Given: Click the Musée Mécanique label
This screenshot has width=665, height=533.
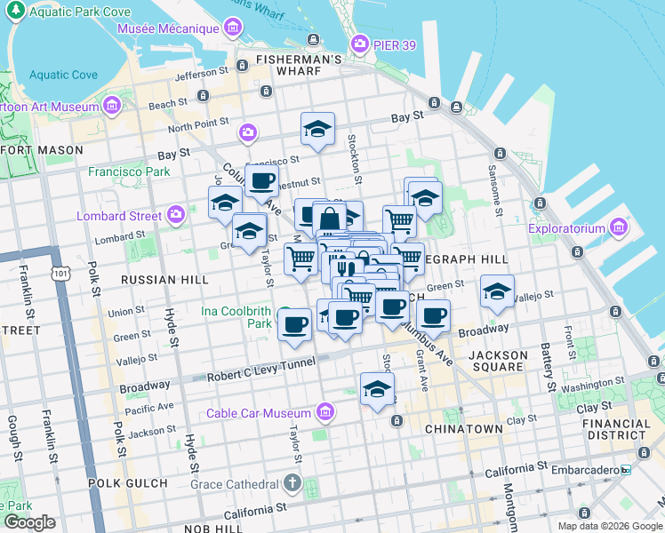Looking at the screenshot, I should pyautogui.click(x=175, y=28).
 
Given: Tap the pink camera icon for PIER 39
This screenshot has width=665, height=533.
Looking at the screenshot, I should pyautogui.click(x=360, y=43).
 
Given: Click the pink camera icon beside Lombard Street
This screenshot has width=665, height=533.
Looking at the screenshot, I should pyautogui.click(x=176, y=214).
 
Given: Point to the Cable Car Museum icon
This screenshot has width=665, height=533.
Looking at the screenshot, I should pyautogui.click(x=325, y=412).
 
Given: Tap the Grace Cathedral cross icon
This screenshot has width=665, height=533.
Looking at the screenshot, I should pyautogui.click(x=292, y=485).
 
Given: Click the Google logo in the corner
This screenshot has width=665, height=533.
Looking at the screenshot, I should pyautogui.click(x=30, y=522).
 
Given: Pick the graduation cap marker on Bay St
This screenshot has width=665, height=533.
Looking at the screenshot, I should pyautogui.click(x=317, y=129).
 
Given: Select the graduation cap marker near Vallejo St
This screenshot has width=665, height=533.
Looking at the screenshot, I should pyautogui.click(x=497, y=291).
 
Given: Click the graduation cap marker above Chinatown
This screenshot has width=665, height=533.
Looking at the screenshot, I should pyautogui.click(x=377, y=388).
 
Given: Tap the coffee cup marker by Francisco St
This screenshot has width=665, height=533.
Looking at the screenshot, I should pyautogui.click(x=261, y=180).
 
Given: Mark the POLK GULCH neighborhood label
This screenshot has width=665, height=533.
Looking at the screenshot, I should pyautogui.click(x=127, y=482).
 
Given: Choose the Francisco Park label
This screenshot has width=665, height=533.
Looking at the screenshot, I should pyautogui.click(x=129, y=171).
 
